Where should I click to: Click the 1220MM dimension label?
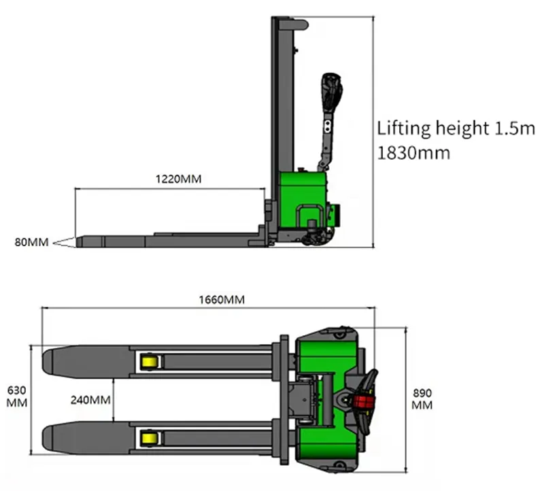pos(178,179)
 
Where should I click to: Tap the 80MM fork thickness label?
pos(31,242)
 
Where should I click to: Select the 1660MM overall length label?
pos(222,299)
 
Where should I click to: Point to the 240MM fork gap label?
pos(90,400)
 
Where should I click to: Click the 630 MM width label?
pos(16,396)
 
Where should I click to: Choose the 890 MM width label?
pos(422,399)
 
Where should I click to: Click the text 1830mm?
pos(413,153)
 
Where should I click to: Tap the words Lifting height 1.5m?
pos(456,128)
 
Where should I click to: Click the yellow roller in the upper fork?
pos(150,362)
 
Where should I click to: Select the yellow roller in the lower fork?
pos(150,438)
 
